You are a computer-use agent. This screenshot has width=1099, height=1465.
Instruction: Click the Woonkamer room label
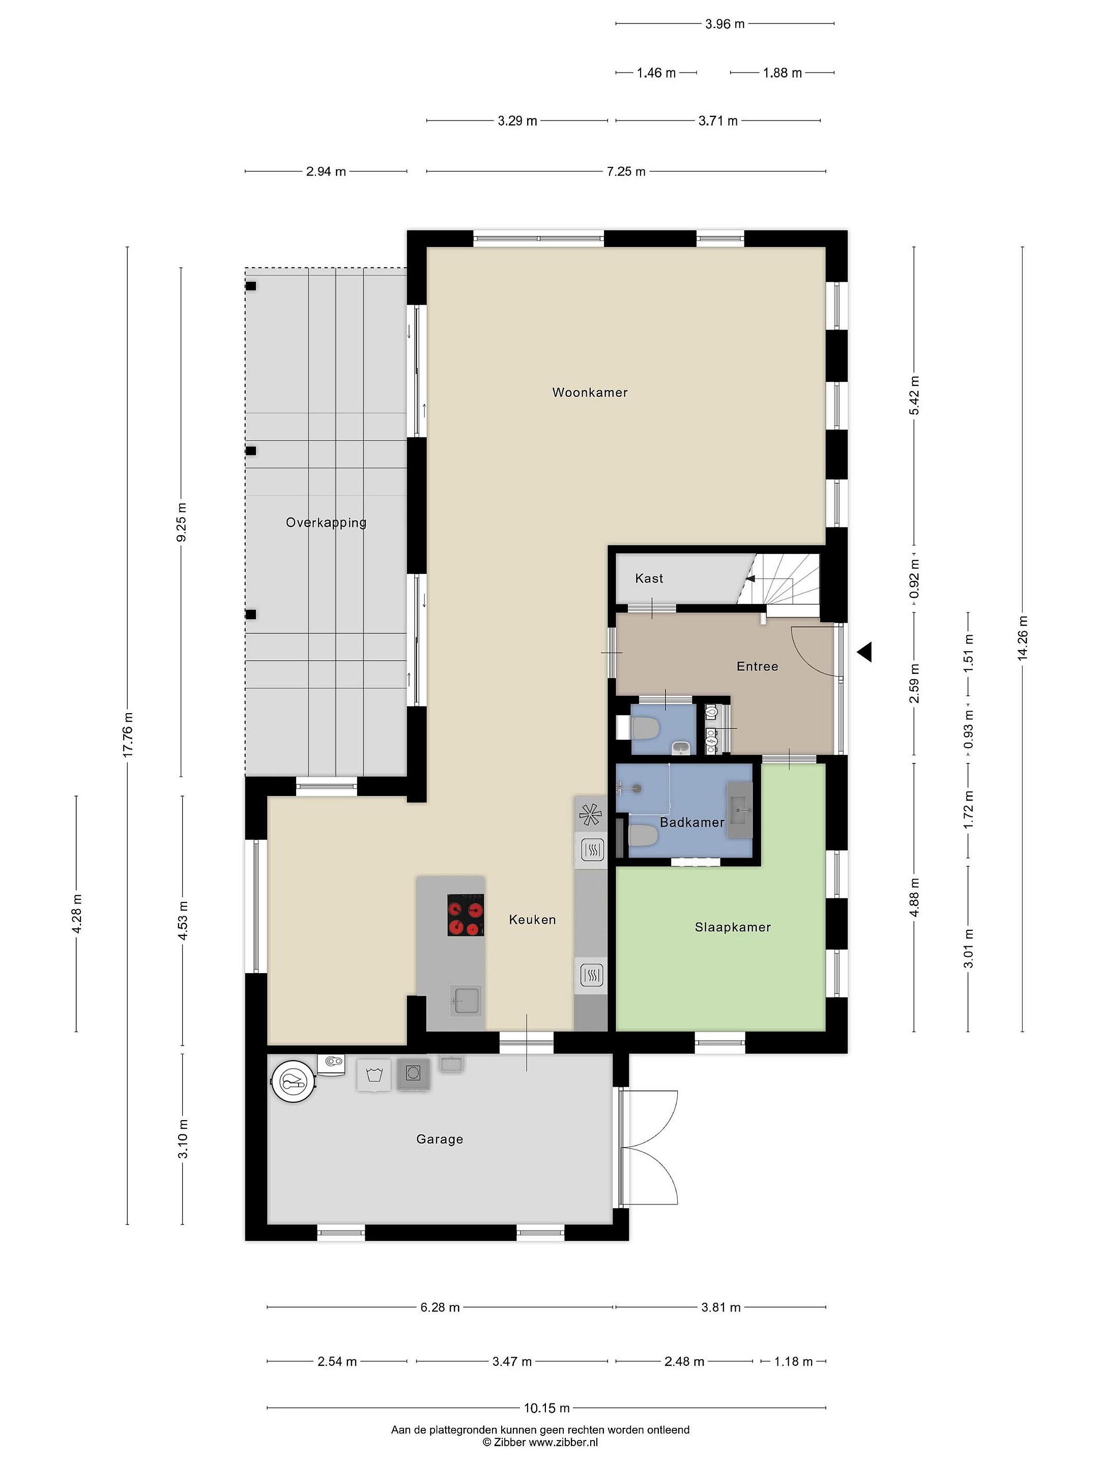[x=590, y=392]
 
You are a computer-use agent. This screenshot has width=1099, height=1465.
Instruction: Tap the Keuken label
[x=532, y=919]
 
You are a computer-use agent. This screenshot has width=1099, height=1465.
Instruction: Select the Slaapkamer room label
[x=733, y=927]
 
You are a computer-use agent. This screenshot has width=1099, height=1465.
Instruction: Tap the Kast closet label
[x=649, y=578]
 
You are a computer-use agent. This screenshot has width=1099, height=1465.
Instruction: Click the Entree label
[x=757, y=666]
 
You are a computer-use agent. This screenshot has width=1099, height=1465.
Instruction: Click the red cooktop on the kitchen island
[x=465, y=915]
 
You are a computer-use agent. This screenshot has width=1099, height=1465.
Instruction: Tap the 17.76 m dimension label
[x=128, y=735]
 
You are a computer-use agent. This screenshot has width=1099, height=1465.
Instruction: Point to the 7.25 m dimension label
[x=626, y=171]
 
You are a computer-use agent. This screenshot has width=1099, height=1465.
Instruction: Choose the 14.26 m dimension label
[x=1023, y=638]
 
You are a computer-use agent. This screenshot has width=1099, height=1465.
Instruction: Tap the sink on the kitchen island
[x=467, y=1001]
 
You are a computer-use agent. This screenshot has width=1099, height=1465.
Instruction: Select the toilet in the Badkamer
[x=642, y=836]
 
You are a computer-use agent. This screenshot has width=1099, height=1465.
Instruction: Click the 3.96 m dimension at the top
[x=725, y=24]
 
